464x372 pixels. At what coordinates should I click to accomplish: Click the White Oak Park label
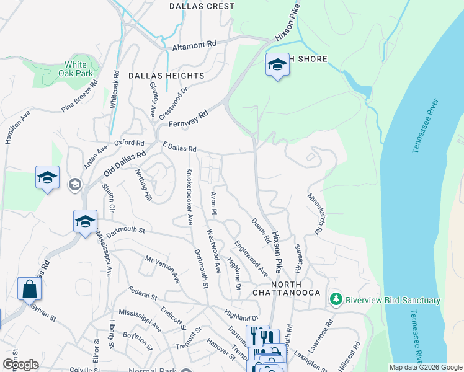(76, 69)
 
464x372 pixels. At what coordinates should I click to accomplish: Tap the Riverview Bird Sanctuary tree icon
(336, 300)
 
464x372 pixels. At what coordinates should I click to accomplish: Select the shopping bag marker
(29, 289)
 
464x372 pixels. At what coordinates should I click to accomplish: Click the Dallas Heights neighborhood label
(166, 76)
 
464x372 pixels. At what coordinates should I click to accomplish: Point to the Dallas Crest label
(202, 6)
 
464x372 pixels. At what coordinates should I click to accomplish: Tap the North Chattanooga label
(286, 292)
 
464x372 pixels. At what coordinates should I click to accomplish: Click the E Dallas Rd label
(179, 148)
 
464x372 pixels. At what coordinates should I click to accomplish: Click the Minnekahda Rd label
(316, 213)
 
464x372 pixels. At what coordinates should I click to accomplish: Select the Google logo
(20, 364)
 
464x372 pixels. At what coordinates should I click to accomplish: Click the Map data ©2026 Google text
(425, 367)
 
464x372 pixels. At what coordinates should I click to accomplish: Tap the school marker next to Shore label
(277, 65)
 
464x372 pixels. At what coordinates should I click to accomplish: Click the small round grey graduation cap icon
(75, 184)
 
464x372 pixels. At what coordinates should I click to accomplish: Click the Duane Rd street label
(260, 230)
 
